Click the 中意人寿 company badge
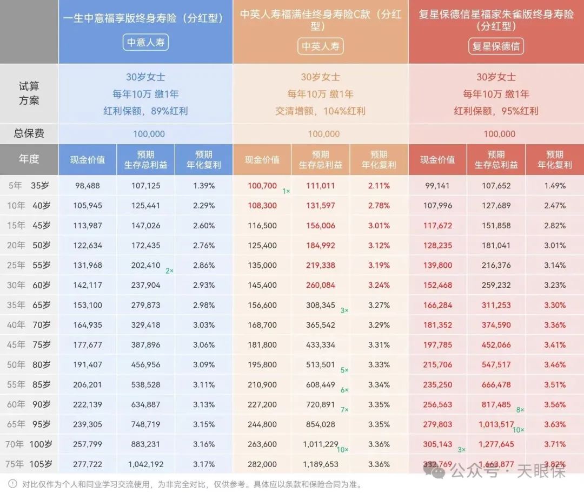click(146, 43)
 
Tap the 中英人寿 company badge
click(321, 46)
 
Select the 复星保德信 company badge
click(496, 46)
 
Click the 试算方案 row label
click(29, 93)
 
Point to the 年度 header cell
click(29, 159)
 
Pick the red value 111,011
click(320, 186)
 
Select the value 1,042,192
click(145, 464)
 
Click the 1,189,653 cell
click(320, 464)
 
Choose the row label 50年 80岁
click(29, 364)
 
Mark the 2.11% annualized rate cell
click(379, 186)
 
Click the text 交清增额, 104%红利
click(320, 111)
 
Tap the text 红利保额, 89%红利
click(145, 111)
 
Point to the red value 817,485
click(495, 404)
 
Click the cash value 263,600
click(262, 444)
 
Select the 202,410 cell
click(145, 265)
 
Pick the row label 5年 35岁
click(29, 186)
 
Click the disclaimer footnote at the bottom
click(184, 484)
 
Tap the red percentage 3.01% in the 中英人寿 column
click(379, 226)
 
